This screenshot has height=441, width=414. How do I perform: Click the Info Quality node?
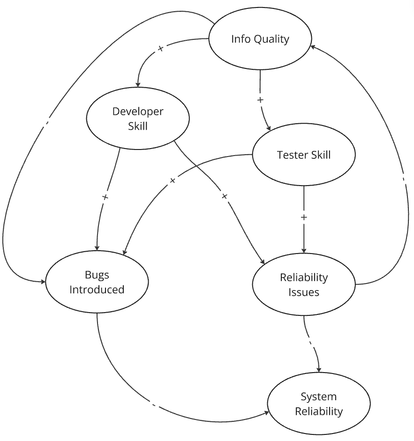pos(260,39)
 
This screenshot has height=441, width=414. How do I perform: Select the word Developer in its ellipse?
pos(138,112)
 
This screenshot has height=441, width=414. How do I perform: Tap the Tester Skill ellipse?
pos(304,155)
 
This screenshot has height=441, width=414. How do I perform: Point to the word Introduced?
pos(97,290)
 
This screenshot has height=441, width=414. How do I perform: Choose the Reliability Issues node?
pos(304,284)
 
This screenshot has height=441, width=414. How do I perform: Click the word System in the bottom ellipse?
pos(318,397)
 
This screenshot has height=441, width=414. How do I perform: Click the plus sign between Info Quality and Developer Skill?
pos(161,49)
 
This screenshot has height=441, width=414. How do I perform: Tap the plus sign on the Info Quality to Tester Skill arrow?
pos(261,100)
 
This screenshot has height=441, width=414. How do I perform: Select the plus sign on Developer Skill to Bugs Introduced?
pos(105,197)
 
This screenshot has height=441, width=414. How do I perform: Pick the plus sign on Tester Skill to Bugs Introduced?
pos(172,180)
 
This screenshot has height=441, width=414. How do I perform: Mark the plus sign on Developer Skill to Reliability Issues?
pos(224,196)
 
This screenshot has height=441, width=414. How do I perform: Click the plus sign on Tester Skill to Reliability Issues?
pos(304,217)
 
